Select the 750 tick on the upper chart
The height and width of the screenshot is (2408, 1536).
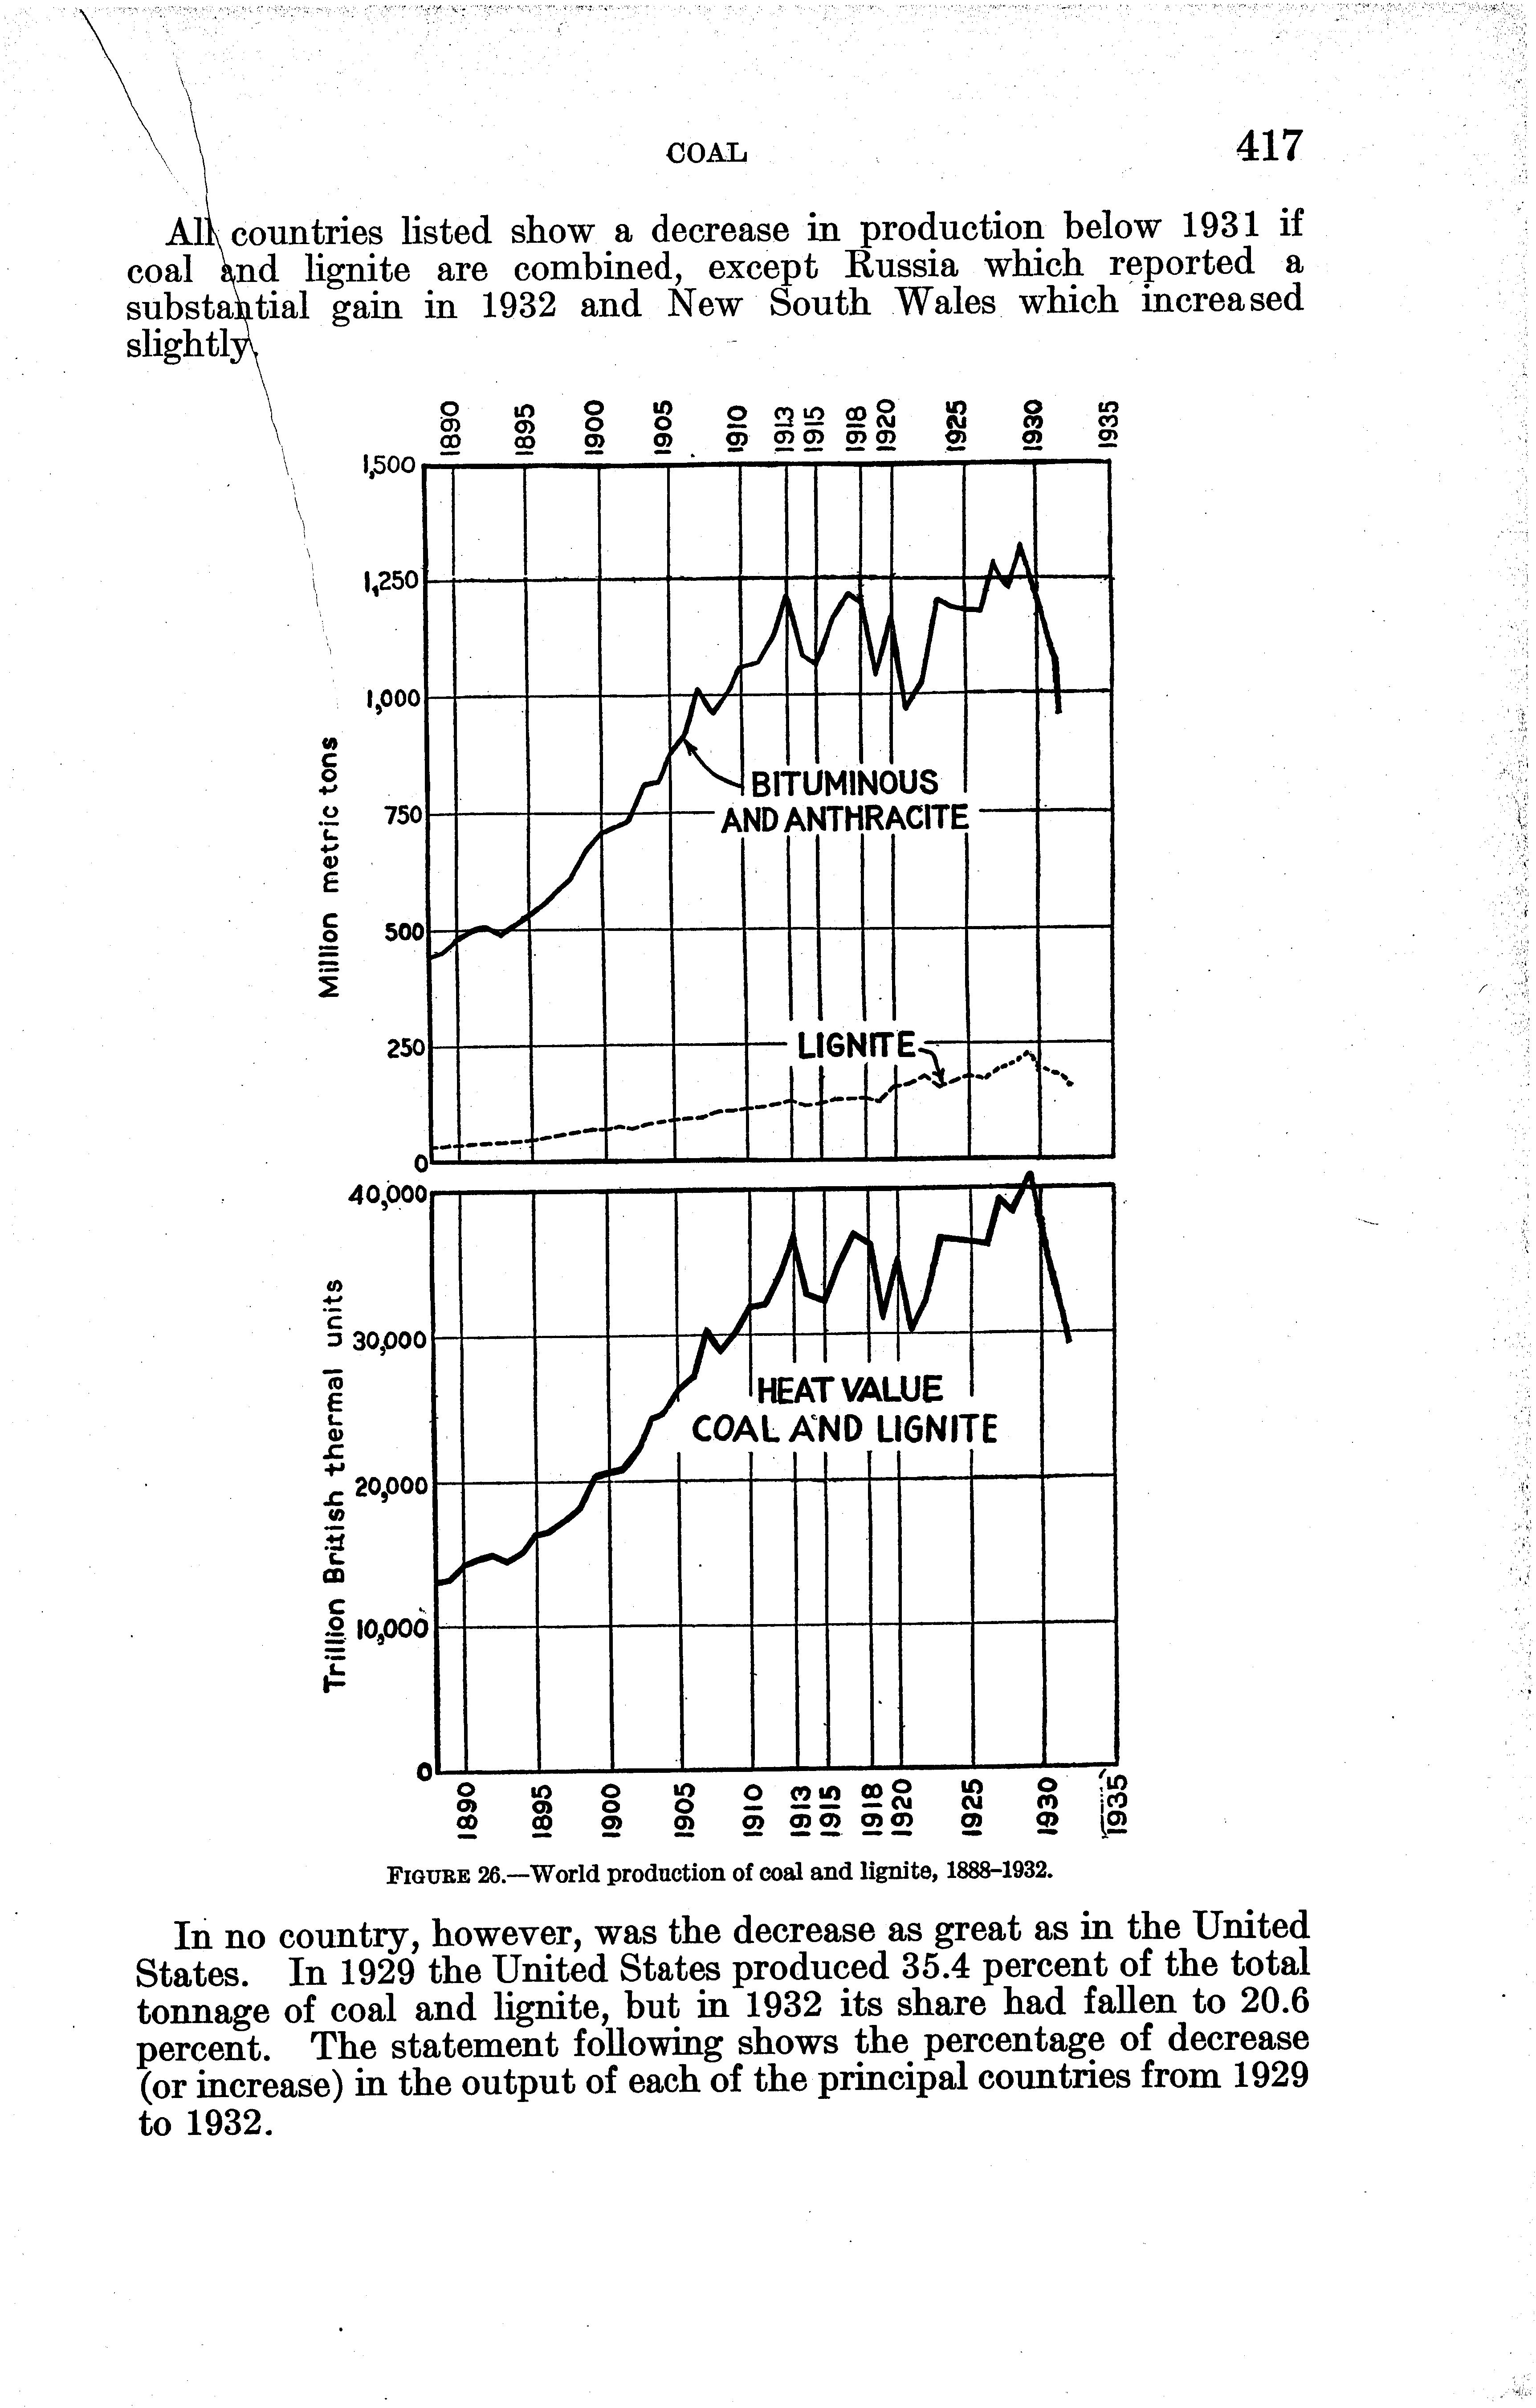click(x=405, y=815)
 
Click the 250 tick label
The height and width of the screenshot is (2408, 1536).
click(x=405, y=1048)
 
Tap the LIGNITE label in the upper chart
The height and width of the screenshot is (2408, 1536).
click(x=856, y=1047)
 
